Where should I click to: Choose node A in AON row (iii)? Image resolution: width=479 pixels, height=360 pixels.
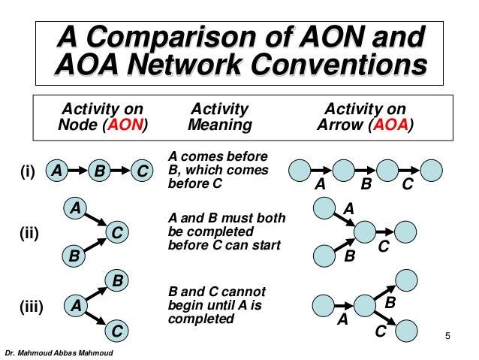click(x=74, y=306)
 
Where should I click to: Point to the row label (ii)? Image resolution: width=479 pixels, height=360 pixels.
click(x=29, y=234)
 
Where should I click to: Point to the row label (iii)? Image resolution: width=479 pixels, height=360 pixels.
click(x=31, y=307)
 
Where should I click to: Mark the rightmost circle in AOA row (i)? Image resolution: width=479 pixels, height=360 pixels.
click(x=432, y=170)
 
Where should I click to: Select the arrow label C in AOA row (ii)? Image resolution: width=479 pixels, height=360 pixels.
click(x=382, y=245)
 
